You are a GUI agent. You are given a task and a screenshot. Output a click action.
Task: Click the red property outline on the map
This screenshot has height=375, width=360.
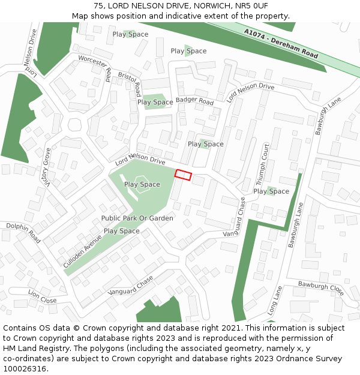click(x=183, y=175)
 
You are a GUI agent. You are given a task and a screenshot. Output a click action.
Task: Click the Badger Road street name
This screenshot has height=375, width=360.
click(x=194, y=101)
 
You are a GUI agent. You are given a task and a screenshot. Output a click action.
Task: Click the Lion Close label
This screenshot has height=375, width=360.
click(x=42, y=296)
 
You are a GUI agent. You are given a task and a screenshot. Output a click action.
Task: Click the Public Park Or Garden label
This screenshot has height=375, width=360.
click(x=137, y=218)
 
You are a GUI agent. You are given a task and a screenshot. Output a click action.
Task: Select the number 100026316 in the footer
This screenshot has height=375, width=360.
click(x=24, y=368)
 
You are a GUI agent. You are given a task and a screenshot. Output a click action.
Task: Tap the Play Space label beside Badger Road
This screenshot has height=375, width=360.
click(x=155, y=102)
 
